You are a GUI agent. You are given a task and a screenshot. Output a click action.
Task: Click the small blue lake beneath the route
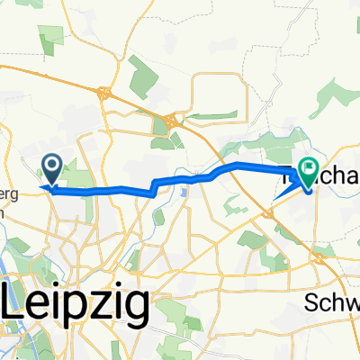183,191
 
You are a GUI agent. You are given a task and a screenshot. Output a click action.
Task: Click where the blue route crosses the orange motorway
239,166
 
